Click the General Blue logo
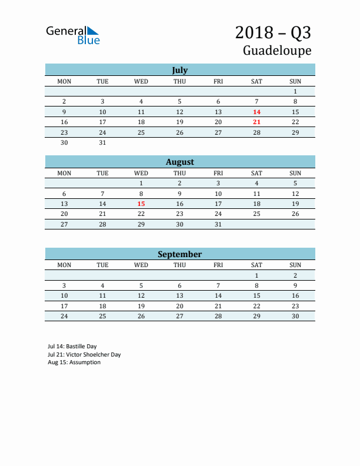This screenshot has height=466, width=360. click(73, 35)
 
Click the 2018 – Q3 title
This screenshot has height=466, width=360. click(273, 32)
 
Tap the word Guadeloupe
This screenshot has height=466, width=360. click(277, 51)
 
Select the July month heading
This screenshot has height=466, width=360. click(179, 70)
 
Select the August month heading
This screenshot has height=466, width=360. click(179, 162)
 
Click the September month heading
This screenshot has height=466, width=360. click(179, 254)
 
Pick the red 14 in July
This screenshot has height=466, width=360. click(256, 112)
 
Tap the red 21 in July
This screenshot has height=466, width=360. click(256, 122)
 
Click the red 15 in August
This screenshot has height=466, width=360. click(141, 204)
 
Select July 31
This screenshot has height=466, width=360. click(102, 142)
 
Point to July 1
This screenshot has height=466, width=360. click(295, 91)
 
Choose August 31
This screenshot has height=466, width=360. click(218, 224)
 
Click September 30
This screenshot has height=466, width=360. click(295, 316)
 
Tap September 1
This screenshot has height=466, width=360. click(256, 275)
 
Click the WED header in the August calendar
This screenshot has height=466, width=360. click(141, 173)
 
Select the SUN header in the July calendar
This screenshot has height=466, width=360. click(295, 81)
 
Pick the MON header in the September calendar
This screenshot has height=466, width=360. click(64, 265)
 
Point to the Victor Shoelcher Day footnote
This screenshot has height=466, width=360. click(84, 355)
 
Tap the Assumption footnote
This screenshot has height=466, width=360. click(74, 362)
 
